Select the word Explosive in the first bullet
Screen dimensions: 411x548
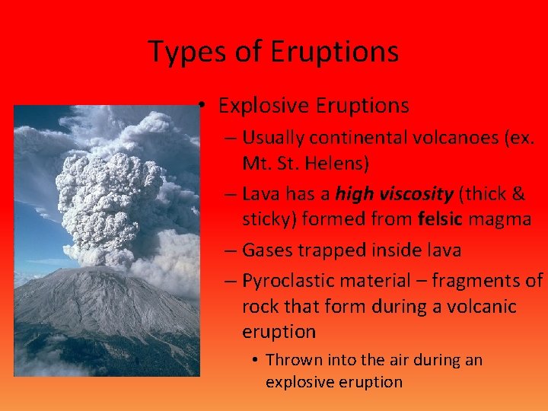260,105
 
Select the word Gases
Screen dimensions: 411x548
267,250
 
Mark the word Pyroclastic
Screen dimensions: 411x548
288,280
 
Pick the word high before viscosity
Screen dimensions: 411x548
355,194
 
